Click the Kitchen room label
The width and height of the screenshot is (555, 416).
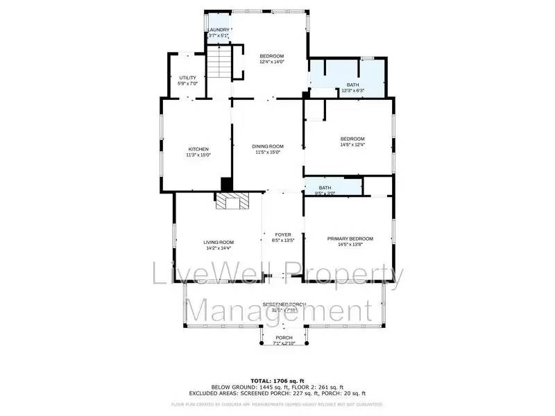tap(198, 149)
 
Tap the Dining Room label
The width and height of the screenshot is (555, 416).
tap(268, 146)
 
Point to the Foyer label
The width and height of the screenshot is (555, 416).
tap(283, 234)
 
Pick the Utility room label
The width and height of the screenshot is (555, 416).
tap(187, 78)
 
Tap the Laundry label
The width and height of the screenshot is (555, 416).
tap(219, 30)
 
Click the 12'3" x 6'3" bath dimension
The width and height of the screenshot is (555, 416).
tap(352, 90)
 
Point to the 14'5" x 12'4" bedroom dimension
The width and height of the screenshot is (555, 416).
tap(352, 145)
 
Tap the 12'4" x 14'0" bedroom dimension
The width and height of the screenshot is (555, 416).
tap(272, 62)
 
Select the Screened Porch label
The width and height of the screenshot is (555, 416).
tap(284, 304)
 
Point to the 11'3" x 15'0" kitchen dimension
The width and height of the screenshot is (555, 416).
tap(198, 155)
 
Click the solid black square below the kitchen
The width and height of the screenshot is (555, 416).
tap(226, 184)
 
